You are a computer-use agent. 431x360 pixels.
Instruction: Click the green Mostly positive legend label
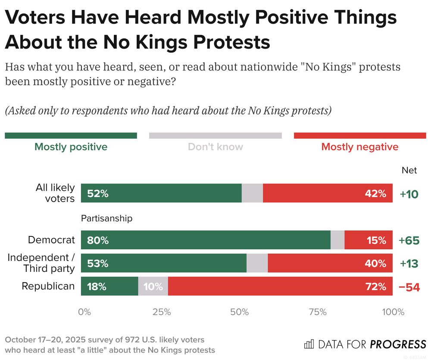pos(71,147)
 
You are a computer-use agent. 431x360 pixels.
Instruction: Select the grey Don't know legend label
pos(215,147)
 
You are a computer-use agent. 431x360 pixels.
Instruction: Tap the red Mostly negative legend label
pos(360,147)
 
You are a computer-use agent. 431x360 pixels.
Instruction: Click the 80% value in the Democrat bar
pos(97,240)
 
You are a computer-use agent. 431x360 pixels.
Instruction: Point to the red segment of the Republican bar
pos(280,286)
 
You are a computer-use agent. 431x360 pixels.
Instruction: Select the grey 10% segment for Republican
pos(153,286)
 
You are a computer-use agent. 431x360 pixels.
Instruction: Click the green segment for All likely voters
pos(161,193)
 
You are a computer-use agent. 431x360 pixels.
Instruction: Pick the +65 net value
pos(409,240)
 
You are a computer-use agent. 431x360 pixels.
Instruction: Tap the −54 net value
pos(409,287)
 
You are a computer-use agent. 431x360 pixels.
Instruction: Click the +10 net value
pos(409,194)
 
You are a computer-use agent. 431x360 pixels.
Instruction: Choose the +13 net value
pos(409,264)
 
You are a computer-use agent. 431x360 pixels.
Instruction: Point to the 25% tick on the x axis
pos(162,312)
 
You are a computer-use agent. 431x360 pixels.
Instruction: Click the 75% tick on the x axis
pos(318,312)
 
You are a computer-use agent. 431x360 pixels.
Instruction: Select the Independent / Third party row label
pos(41,263)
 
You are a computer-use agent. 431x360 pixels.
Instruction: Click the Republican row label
pos(48,286)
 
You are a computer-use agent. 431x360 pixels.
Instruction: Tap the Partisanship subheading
pos(106,218)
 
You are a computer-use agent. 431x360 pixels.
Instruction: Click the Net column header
pos(409,171)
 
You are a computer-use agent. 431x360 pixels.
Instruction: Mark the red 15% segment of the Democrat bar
pos(369,240)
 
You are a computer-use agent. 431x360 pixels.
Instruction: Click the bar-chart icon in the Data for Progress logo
pos(309,344)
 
